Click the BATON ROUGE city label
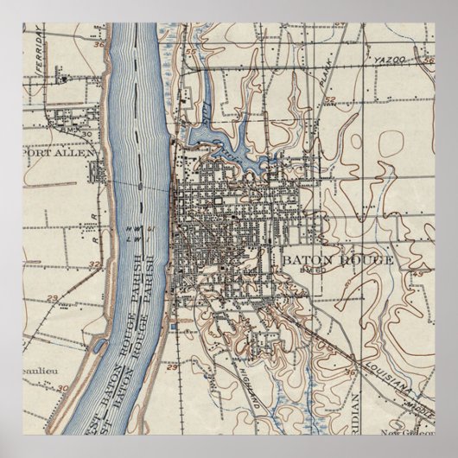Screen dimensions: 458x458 point(337,259)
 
